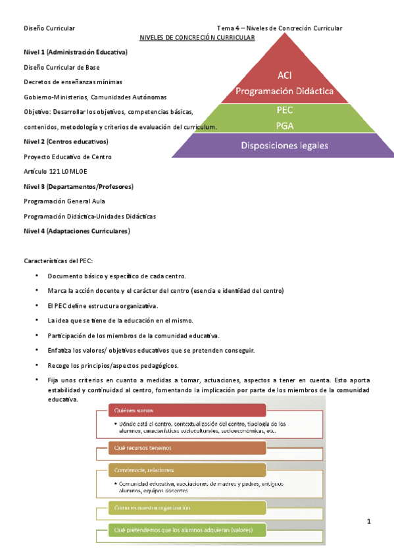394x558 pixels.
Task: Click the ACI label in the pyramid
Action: click(285, 76)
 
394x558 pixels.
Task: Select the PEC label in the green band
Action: click(285, 110)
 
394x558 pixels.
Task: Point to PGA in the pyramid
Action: click(285, 125)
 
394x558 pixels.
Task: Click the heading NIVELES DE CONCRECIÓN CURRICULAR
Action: click(197, 38)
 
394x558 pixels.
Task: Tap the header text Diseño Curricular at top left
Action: click(49, 28)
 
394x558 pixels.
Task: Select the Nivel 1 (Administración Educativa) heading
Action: click(76, 52)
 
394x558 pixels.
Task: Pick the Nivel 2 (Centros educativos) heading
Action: click(66, 141)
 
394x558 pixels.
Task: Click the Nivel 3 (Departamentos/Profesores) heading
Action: click(78, 186)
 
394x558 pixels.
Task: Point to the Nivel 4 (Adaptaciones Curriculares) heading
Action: click(76, 231)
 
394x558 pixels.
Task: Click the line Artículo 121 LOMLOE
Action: click(55, 171)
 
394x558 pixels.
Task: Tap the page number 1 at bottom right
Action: click(369, 522)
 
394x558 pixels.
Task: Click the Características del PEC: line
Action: click(59, 261)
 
